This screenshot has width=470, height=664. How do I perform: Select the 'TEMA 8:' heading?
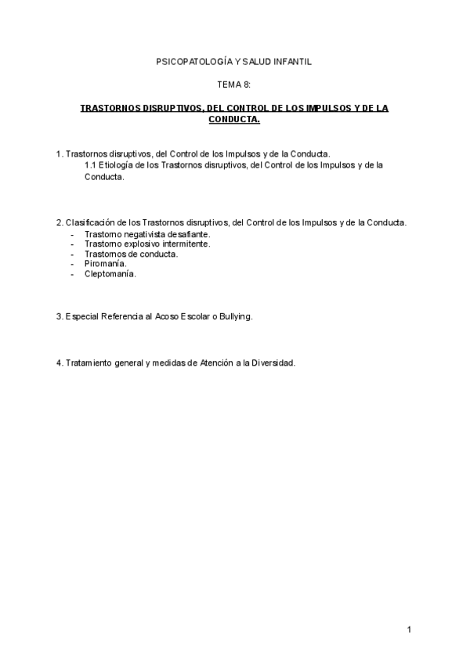point(234,84)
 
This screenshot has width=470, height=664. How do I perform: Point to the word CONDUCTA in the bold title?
point(233,120)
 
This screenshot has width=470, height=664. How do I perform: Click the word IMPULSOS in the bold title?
point(319,109)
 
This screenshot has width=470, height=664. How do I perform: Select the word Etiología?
point(118,165)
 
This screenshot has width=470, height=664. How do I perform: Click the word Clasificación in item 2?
point(90,223)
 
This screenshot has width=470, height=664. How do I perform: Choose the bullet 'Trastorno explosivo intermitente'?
point(147,244)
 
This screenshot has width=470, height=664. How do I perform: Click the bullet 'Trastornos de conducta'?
point(131,254)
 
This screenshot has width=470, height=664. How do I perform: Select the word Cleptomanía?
point(110,274)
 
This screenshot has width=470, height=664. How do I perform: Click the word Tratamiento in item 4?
point(91,363)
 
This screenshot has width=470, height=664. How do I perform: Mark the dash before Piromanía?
point(72,264)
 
